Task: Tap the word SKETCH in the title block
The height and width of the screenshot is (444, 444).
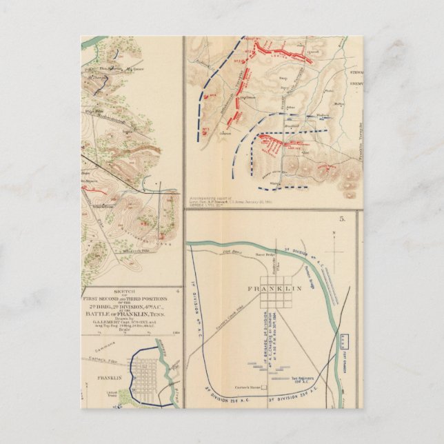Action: [131, 292]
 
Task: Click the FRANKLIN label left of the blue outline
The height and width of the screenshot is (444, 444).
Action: [111, 378]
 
